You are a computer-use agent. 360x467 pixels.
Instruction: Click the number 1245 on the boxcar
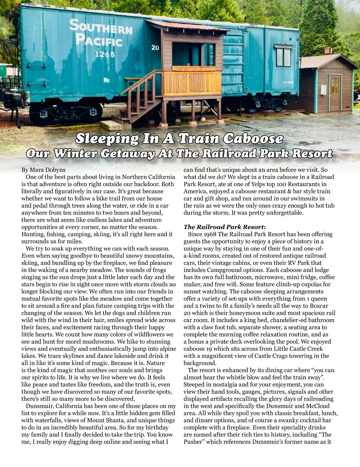tap(105, 55)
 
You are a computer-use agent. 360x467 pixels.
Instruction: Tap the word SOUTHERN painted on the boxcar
tap(100, 28)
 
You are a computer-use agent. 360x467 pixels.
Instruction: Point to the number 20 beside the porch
tap(155, 48)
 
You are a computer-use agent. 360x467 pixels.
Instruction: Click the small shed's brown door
tap(336, 93)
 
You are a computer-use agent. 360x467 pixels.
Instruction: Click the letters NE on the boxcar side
tap(106, 80)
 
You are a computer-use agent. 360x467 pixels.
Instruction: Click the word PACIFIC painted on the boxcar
tap(99, 41)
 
